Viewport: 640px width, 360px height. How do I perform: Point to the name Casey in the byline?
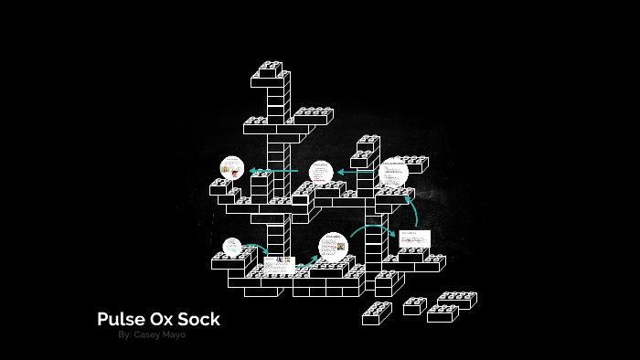click(x=150, y=335)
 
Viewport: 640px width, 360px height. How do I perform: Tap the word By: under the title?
click(x=125, y=335)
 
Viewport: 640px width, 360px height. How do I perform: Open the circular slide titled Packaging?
click(x=333, y=247)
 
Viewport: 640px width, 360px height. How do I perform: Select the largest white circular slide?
click(x=394, y=173)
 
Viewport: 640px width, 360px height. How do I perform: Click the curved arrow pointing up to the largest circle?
click(x=413, y=210)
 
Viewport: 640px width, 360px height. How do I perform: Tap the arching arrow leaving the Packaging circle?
click(x=372, y=228)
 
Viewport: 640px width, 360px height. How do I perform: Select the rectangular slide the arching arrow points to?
click(x=414, y=238)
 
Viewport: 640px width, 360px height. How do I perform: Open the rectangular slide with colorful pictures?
click(x=280, y=264)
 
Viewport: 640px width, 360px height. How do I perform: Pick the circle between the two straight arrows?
click(x=321, y=172)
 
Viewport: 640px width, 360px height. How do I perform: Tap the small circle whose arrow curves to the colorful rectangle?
click(x=233, y=247)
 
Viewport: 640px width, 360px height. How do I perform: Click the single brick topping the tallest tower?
click(x=271, y=69)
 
